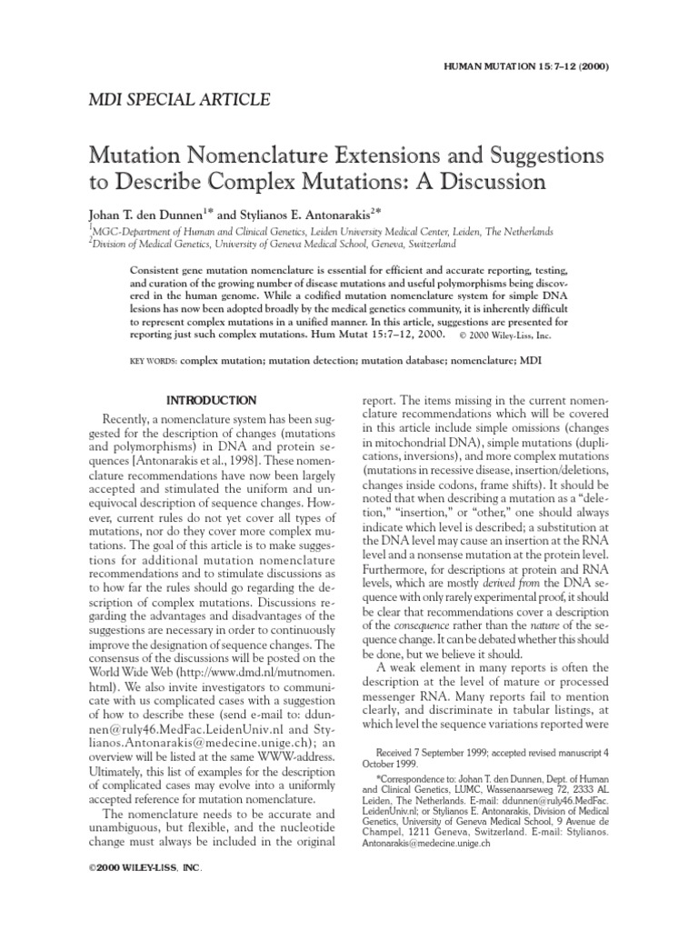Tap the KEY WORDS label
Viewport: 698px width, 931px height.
click(155, 361)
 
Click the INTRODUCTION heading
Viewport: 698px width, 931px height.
click(213, 400)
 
